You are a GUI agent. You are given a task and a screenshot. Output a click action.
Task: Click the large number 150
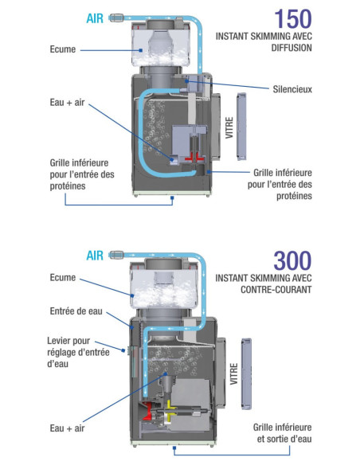point(293,18)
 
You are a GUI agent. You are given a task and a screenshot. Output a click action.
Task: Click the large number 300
point(292,260)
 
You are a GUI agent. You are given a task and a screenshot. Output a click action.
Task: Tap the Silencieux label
point(292,89)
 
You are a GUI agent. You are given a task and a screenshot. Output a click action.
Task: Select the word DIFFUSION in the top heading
point(292,48)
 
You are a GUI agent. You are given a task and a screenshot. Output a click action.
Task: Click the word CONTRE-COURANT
point(276,289)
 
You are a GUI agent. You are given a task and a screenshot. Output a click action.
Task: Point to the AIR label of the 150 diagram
point(95,18)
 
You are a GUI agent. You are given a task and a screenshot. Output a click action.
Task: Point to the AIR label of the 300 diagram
point(95,256)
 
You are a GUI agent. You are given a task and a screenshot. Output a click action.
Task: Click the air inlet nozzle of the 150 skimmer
point(116,18)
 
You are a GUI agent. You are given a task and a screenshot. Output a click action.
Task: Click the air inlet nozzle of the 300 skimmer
point(116,255)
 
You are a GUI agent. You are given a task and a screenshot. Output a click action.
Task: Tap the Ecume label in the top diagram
point(63,49)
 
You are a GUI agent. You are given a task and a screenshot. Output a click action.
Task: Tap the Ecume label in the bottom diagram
point(63,278)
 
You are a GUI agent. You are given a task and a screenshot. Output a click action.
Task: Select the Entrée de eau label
point(76,311)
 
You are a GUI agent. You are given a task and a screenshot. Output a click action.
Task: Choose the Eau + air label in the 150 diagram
point(67,103)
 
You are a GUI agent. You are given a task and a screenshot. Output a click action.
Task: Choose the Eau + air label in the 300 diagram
point(67,428)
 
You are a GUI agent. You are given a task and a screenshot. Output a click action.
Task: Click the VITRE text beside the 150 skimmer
point(229,127)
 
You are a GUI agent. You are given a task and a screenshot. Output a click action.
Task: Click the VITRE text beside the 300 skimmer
point(234,374)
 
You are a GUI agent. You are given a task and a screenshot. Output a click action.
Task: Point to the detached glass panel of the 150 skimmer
point(241,127)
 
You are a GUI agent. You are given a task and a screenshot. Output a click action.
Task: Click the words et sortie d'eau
point(284,439)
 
